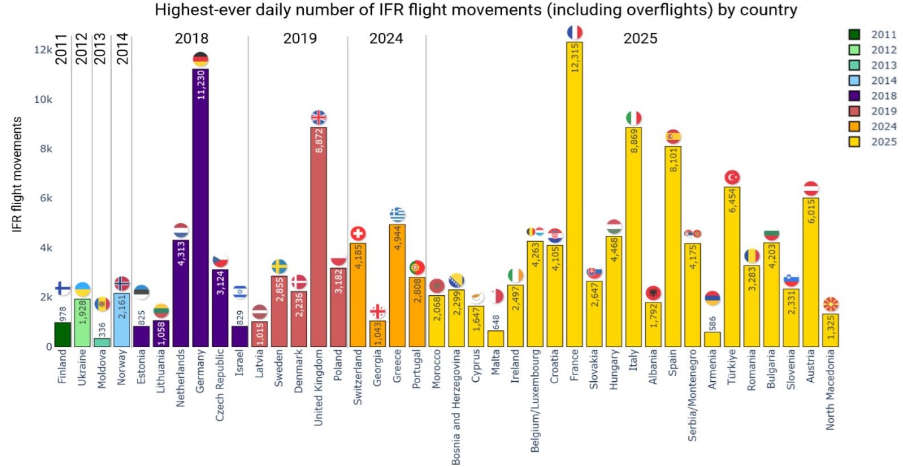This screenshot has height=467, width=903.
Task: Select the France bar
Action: point(575,198)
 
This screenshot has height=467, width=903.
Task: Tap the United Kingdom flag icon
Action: point(318,118)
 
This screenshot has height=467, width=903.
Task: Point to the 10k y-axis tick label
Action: point(44,100)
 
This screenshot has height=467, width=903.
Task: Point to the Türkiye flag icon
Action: point(732,177)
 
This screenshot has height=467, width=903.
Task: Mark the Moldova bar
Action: point(102,342)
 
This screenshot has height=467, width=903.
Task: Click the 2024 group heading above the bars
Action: point(386,39)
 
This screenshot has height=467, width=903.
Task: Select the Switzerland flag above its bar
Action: point(358,234)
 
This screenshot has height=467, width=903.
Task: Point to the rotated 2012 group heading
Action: point(81,48)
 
